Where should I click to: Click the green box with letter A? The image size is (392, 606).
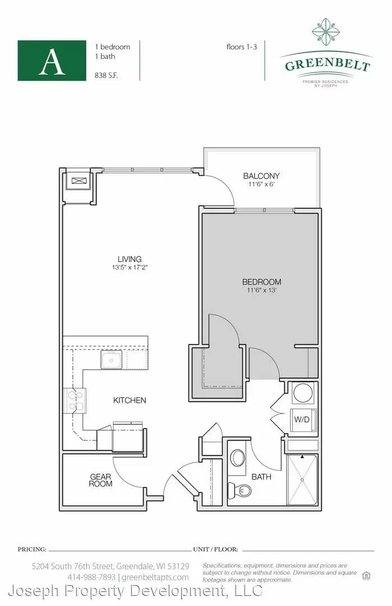pos(52,61)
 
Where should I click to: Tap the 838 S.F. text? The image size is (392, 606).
pos(106,75)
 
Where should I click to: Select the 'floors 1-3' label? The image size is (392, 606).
pos(242,47)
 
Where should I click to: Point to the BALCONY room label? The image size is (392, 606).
pos(261,176)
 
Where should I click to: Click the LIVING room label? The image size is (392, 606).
pos(130,259)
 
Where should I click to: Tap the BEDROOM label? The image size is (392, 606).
pos(261,282)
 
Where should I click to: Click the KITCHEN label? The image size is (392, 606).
pos(130,401)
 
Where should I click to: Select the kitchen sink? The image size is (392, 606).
pos(112,360)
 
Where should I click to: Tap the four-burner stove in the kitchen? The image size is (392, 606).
pos(76,401)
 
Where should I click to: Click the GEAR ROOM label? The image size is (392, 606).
pos(100,480)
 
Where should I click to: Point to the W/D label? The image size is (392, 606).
pos(302,419)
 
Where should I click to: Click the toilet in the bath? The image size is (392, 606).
pos(240,490)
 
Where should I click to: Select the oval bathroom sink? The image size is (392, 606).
pos(238,458)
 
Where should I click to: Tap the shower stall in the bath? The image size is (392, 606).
pos(302,480)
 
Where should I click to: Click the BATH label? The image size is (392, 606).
pos(261,477)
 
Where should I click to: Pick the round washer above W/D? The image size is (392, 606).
pos(303,393)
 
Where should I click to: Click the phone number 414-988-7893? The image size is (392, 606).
pos(91,577)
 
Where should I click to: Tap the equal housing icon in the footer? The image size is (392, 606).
pos(366,576)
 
